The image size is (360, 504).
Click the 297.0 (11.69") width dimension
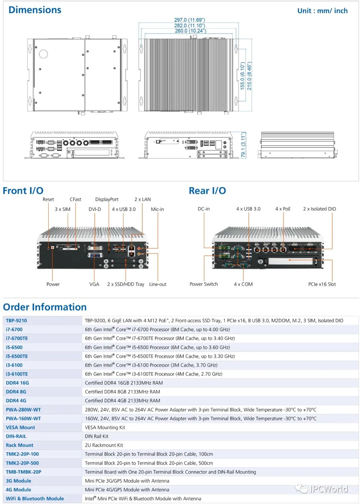point(189,20)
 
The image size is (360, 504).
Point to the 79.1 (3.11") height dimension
point(243,145)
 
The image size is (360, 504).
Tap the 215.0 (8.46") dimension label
point(249,76)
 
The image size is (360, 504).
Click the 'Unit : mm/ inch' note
point(322,11)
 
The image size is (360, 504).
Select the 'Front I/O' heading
point(23,191)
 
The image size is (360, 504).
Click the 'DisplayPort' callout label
point(107,199)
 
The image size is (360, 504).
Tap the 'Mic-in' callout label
point(157,209)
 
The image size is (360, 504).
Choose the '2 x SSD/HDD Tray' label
point(126,285)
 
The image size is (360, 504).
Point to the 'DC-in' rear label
point(204,209)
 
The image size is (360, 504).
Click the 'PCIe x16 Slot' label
point(322,285)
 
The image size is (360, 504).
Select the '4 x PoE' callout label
point(283,209)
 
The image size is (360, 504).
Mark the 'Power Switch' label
point(204,284)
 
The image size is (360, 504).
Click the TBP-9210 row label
point(16,321)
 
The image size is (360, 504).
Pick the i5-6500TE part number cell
point(17,356)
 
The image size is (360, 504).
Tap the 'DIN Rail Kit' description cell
point(97,436)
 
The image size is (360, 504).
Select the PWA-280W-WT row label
point(23,410)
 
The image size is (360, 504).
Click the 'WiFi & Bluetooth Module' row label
point(35,499)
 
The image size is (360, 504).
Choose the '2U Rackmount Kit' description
point(104,445)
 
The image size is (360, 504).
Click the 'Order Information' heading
point(45,307)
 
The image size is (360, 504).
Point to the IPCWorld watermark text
point(329,489)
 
